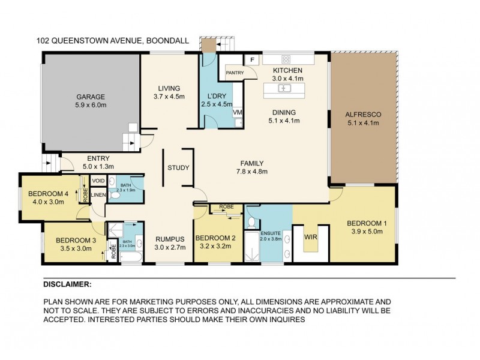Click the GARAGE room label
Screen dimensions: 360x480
click(90, 97)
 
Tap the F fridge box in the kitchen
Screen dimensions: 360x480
click(251, 60)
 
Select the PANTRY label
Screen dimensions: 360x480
click(234, 73)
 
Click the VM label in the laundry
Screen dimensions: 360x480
click(238, 112)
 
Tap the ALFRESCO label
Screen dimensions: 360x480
click(364, 115)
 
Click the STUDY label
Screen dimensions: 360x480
click(178, 168)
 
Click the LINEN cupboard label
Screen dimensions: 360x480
click(99, 194)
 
